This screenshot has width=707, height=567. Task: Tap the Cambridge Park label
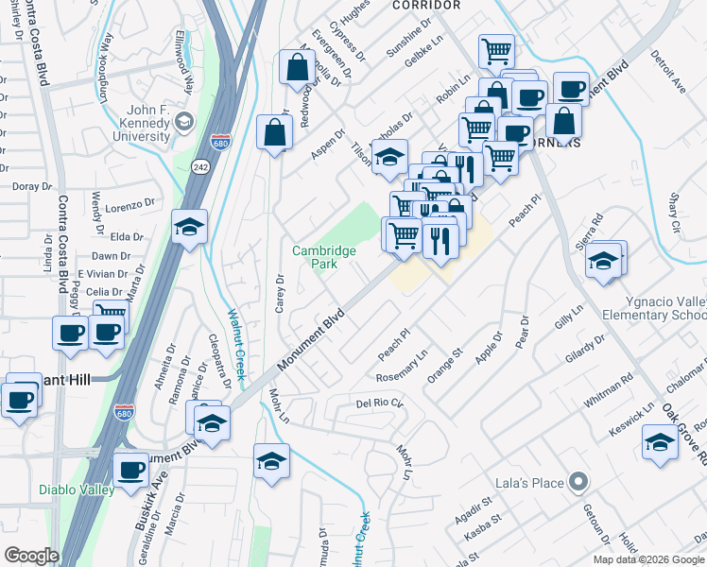[323, 257]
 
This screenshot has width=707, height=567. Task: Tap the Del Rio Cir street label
[380, 404]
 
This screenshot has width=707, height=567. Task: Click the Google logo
[32, 556]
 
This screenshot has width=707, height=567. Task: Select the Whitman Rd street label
[608, 390]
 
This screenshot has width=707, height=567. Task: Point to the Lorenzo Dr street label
[129, 204]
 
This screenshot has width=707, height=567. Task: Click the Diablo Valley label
[78, 490]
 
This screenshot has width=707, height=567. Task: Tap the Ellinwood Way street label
[187, 71]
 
